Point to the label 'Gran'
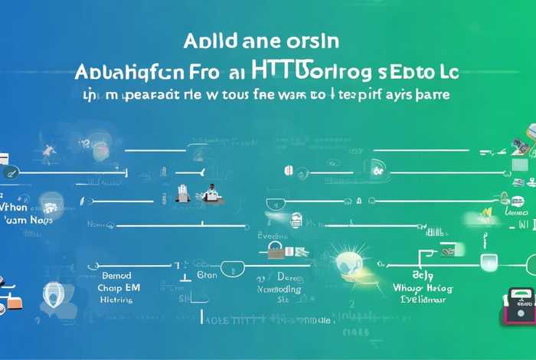(207, 274)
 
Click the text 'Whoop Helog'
(420, 288)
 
